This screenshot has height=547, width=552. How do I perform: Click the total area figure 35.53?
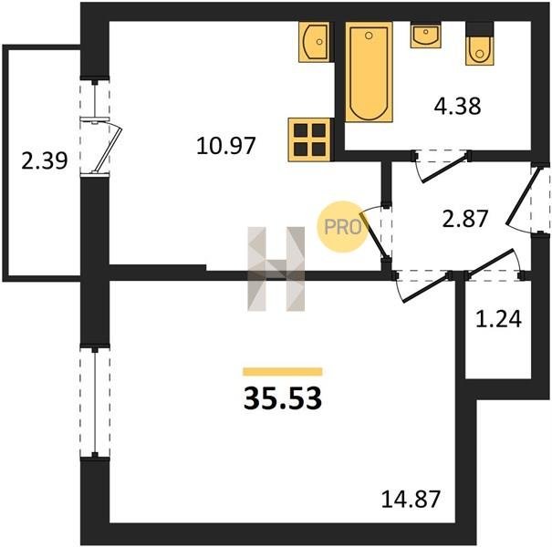point(282,398)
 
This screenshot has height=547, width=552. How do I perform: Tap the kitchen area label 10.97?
point(226,146)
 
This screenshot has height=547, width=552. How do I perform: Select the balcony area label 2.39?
point(45,161)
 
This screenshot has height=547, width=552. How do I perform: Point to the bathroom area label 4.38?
point(457,106)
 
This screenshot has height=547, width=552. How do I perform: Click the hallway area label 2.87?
point(465,218)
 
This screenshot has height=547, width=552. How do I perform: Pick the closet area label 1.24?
point(498,319)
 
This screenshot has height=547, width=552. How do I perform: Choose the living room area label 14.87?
point(411,499)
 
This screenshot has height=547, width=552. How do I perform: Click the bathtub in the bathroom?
point(369,72)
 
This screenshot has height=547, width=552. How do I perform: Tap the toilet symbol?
point(479,43)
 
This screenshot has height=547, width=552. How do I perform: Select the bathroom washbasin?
point(425,35)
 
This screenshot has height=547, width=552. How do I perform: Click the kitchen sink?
point(315,42)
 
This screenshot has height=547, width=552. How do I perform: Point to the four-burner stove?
point(310,139)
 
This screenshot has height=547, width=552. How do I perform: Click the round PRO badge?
point(342,226)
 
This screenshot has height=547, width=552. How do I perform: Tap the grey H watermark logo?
point(276,269)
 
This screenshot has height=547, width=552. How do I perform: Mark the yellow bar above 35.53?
point(283,371)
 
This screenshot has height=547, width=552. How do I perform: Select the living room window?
point(95,400)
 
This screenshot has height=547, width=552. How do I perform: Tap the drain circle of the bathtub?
point(369,36)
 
